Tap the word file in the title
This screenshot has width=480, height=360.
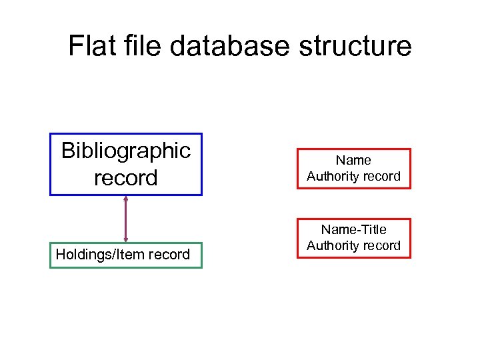click(143, 46)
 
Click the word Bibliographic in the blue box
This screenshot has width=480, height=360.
click(126, 151)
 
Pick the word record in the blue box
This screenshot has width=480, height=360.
click(126, 178)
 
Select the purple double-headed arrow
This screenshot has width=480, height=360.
click(126, 219)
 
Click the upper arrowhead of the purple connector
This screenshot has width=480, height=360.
click(126, 198)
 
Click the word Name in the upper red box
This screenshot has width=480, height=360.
click(353, 160)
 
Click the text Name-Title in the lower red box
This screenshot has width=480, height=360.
click(353, 229)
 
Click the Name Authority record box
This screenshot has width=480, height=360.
click(353, 169)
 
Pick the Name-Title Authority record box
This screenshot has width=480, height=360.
click(353, 238)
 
